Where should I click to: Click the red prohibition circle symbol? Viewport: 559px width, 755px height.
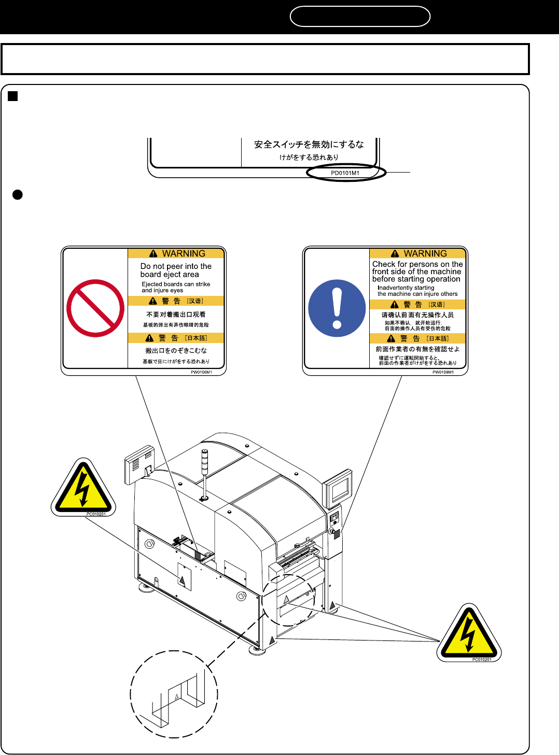(x=95, y=308)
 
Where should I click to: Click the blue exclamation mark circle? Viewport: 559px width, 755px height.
(x=337, y=308)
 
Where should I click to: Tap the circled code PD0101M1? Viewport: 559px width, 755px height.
(x=345, y=173)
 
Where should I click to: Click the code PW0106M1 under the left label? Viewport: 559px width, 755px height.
(x=201, y=372)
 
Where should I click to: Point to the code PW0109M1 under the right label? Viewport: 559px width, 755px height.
(x=443, y=372)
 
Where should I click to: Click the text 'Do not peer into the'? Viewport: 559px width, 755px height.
(x=176, y=266)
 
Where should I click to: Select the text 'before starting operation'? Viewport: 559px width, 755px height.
(x=416, y=279)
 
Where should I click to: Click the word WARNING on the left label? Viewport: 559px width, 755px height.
(x=184, y=253)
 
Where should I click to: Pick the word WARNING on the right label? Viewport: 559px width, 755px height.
(x=425, y=253)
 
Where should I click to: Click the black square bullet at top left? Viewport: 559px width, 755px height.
(x=13, y=96)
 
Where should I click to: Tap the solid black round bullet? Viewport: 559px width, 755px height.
(x=17, y=195)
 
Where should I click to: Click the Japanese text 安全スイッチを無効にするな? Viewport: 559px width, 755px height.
(x=309, y=145)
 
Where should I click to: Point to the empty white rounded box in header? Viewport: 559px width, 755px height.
(x=360, y=16)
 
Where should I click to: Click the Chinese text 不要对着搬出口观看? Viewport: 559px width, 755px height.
(x=176, y=315)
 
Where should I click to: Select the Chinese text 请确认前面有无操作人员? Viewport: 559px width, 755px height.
(x=417, y=315)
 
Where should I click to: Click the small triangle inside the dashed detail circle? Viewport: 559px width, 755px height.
(x=176, y=696)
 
